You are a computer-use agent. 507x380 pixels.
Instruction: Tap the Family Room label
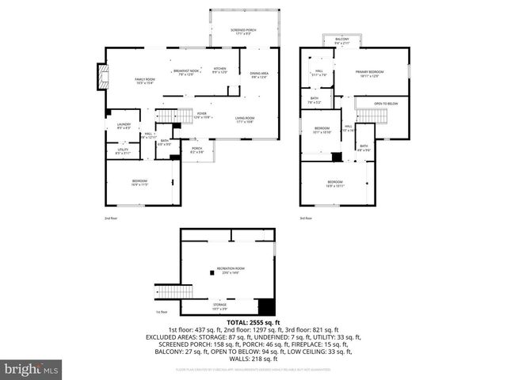point(144,81)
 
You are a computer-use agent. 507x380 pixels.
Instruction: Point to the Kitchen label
point(219,70)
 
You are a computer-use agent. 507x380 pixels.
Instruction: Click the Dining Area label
point(260,75)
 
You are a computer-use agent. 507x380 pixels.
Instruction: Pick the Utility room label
point(123,150)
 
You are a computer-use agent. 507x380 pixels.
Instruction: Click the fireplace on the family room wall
point(100,76)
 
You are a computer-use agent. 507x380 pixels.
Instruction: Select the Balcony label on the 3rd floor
point(341,40)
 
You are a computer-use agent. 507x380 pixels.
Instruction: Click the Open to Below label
point(386,103)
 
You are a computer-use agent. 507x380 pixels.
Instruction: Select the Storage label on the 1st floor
point(219,305)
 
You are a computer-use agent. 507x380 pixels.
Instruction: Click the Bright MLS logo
point(32,368)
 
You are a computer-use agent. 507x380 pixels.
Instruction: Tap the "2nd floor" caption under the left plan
point(110,218)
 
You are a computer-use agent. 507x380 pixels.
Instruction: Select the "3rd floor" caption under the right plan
point(306,218)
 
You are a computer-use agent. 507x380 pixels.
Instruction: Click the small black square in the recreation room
point(212,272)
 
